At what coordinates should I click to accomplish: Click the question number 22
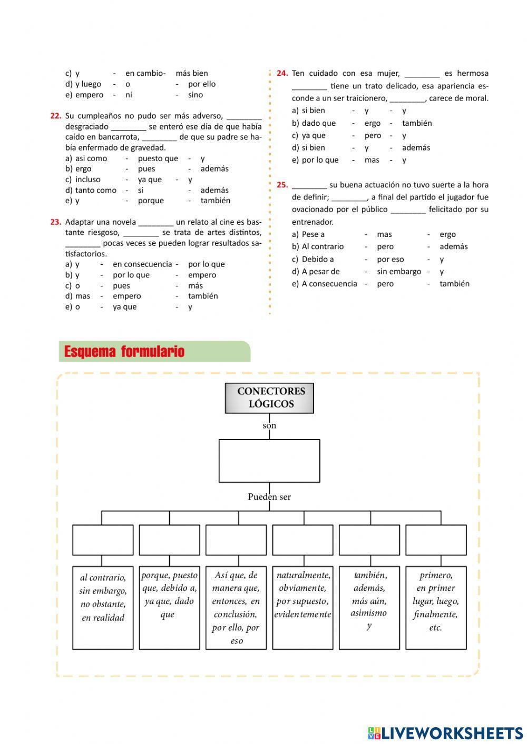pos(56,116)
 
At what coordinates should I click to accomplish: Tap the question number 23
pos(56,222)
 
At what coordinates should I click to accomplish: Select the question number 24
pos(282,73)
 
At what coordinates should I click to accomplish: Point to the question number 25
pos(282,185)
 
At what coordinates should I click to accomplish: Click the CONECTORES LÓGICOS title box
pos(269,398)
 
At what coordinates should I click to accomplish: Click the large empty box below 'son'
pos(269,461)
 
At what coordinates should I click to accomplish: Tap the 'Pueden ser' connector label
pos(269,497)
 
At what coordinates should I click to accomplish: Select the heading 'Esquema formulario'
pos(124,352)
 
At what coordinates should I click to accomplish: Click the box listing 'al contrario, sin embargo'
pos(103,607)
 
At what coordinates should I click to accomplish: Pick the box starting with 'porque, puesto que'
pos(169,607)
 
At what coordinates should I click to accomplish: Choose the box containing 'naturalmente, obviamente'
pos(302,607)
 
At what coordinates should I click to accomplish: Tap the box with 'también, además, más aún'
pos(369,607)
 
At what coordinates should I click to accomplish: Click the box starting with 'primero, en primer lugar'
pos(436,607)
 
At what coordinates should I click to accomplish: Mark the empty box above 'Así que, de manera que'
pos(236,540)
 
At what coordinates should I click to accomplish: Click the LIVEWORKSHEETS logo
pos(445,733)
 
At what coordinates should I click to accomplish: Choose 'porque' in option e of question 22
pos(151,201)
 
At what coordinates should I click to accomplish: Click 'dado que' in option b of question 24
pos(319,123)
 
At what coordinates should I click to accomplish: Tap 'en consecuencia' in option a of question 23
pos(142,264)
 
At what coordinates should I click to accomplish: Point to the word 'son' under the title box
pos(269,425)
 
